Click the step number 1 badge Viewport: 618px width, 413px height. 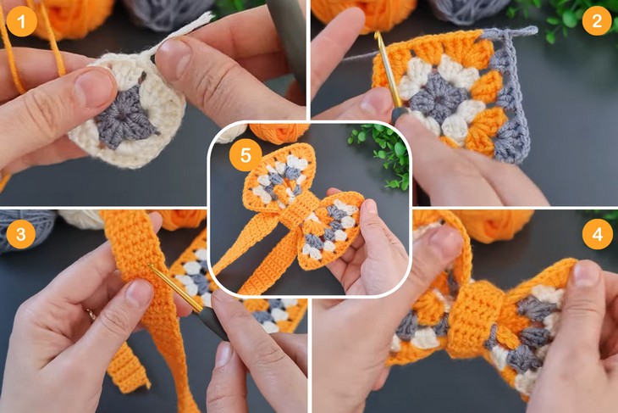tap(21, 20)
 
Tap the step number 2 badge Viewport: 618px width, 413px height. tap(598, 20)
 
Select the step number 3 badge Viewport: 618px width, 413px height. tap(21, 233)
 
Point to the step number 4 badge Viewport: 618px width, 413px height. tap(598, 233)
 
